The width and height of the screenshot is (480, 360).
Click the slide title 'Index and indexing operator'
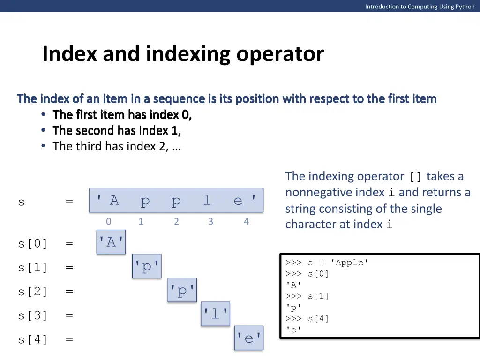(183, 54)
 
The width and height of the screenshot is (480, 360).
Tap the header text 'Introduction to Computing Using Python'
(420, 7)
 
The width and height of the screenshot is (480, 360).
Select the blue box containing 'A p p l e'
(176, 201)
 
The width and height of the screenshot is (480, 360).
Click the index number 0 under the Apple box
(109, 222)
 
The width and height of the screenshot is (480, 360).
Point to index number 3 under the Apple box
(210, 222)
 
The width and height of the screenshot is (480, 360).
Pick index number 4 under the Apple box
(246, 222)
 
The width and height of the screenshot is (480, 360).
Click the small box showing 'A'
(111, 242)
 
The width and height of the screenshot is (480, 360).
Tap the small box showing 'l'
(216, 314)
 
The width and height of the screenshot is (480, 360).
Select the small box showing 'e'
(249, 338)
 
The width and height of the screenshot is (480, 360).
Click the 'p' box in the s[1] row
(147, 266)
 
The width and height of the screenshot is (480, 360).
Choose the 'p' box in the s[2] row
(182, 291)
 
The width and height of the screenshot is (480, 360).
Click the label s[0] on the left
(33, 244)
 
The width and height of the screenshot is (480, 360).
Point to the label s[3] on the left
(33, 316)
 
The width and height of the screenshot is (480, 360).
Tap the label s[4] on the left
(33, 340)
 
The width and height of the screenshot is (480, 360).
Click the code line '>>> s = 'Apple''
(327, 263)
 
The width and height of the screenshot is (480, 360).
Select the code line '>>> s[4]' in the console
(307, 319)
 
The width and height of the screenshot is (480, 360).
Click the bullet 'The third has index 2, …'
(117, 146)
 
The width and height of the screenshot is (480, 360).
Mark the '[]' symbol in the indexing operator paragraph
(415, 177)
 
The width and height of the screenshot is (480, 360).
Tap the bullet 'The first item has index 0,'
(122, 115)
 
